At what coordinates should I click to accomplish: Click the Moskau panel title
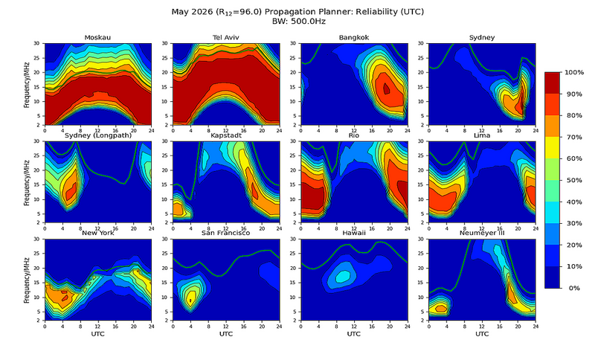(x=98, y=37)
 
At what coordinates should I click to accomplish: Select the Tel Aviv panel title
(x=225, y=37)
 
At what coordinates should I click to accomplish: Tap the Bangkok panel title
(x=354, y=37)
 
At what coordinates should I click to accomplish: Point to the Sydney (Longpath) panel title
(x=98, y=135)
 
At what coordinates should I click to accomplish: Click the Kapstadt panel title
(x=225, y=135)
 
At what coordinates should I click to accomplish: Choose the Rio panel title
(x=354, y=135)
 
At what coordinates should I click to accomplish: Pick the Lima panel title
(x=482, y=135)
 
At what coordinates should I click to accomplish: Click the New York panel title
(x=98, y=234)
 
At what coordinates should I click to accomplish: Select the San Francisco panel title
(x=225, y=234)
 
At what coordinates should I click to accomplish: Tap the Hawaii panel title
(x=354, y=234)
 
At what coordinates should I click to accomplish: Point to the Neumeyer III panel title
(x=482, y=234)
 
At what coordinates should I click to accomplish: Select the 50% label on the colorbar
(x=573, y=180)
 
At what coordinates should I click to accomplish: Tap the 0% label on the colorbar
(x=571, y=288)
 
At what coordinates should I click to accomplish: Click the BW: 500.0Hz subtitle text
(x=297, y=22)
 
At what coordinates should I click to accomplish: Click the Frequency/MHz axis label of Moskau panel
(x=27, y=83)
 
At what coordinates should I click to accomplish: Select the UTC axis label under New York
(x=98, y=334)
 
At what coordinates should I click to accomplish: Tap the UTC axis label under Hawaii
(x=354, y=334)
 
